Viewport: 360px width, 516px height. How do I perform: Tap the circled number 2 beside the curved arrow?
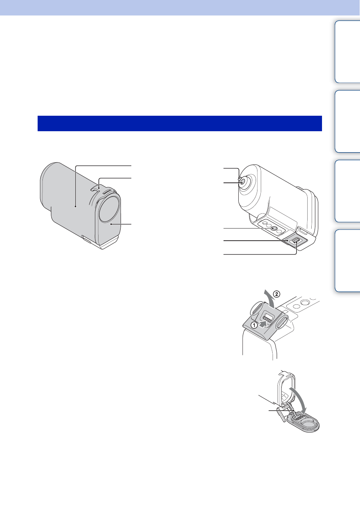click(x=277, y=294)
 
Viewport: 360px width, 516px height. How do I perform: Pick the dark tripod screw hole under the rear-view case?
click(x=274, y=229)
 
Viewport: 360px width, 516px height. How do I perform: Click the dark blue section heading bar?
click(x=180, y=123)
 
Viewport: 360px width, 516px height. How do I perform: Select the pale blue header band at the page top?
click(x=180, y=7)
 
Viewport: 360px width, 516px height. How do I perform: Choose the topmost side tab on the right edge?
click(x=347, y=52)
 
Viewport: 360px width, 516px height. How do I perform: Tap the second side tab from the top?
click(x=347, y=121)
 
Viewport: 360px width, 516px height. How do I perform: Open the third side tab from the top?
click(x=347, y=191)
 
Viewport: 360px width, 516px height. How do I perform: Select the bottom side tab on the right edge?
click(x=347, y=261)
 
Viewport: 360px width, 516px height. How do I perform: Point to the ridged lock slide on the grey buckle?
click(x=268, y=318)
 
